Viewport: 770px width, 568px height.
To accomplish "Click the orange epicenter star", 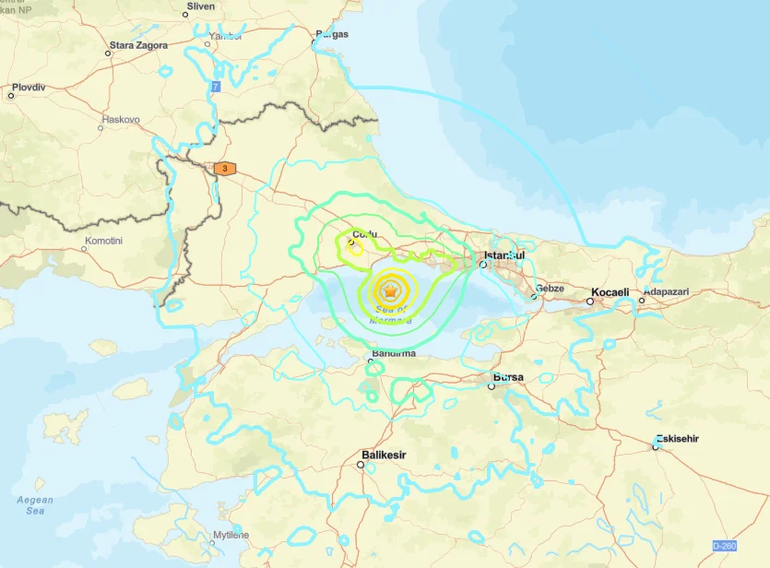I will coord(391,291).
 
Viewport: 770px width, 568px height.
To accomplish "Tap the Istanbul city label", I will coord(504,254).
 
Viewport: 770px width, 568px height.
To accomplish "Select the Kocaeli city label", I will coord(610,292).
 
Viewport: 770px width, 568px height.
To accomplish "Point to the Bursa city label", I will coord(508,377).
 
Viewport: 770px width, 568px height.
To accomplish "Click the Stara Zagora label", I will coord(138,45).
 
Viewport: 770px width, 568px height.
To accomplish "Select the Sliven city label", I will coord(200,6).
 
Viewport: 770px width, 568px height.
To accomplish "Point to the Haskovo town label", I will coord(120,120).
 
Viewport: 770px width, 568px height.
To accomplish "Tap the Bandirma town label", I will coord(394,353).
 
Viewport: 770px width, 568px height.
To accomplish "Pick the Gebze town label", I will coord(550,288).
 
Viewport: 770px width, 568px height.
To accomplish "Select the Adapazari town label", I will coord(665,291).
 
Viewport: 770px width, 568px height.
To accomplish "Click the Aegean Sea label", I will coord(35,504).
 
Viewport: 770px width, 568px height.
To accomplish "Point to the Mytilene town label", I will coord(231,535).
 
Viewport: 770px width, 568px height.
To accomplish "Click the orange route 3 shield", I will coord(224,169).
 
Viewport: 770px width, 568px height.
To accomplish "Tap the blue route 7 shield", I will coord(216,86).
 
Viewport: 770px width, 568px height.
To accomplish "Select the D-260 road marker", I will coord(725,547).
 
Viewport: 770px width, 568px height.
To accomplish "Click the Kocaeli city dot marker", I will coord(590,302).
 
